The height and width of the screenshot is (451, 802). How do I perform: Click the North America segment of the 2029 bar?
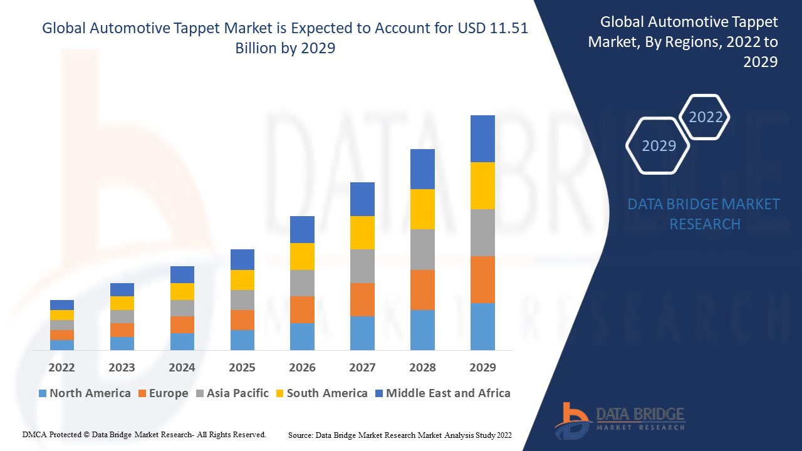[482, 326]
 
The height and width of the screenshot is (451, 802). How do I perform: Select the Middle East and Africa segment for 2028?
[422, 169]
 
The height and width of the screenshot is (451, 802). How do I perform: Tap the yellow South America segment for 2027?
[362, 232]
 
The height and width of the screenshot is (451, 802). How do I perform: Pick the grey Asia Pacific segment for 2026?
[302, 283]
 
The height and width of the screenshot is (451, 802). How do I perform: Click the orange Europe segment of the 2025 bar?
[242, 320]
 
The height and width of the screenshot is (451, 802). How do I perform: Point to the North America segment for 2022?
[62, 345]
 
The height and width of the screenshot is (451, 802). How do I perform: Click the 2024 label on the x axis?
[182, 367]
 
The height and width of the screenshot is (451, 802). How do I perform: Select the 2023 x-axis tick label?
[122, 367]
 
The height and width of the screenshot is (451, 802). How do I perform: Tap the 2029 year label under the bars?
[482, 367]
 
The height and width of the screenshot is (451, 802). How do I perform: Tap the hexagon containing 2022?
[706, 117]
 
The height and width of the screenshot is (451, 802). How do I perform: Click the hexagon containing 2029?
[659, 145]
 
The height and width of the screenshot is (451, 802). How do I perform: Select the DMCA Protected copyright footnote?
[144, 434]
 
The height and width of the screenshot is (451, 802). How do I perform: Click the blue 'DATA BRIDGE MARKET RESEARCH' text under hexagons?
[703, 214]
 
